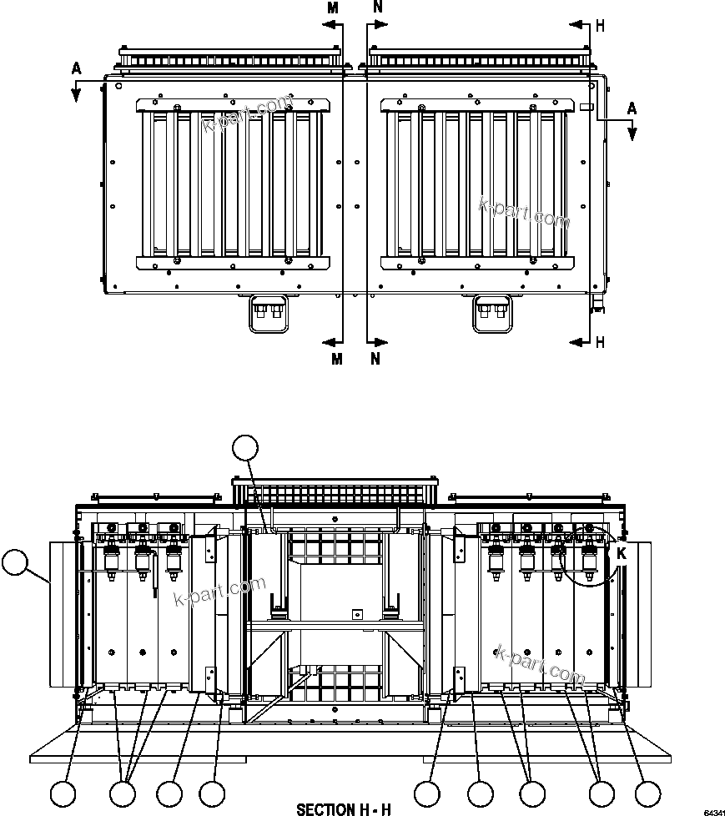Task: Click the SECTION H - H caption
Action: point(343,808)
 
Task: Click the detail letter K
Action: point(621,552)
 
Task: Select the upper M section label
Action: point(333,8)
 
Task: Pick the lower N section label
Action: point(376,359)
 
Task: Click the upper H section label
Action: point(600,26)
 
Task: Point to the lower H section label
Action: point(600,342)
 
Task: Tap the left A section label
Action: point(76,69)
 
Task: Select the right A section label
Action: point(632,108)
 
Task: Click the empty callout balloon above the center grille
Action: point(246,449)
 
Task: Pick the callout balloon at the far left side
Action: point(14,562)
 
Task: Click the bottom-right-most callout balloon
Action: point(647,793)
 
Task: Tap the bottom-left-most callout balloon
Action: point(64,793)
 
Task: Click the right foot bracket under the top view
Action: point(491,314)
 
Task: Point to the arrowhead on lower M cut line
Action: point(327,341)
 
